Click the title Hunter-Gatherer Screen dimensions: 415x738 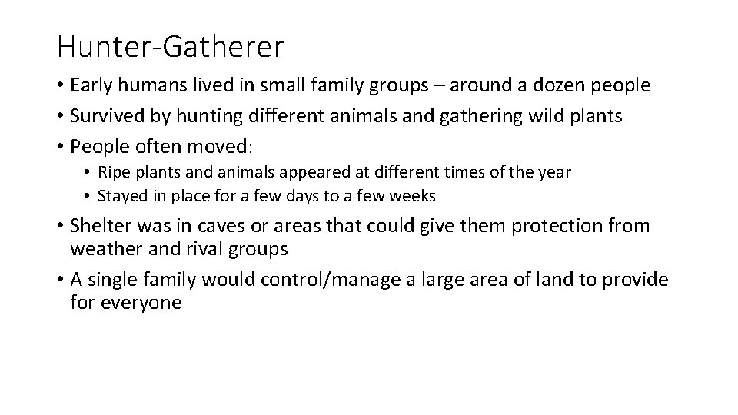click(170, 47)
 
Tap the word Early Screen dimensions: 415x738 click(92, 86)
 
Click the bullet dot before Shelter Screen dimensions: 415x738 click(60, 227)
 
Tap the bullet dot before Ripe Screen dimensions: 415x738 click(89, 173)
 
